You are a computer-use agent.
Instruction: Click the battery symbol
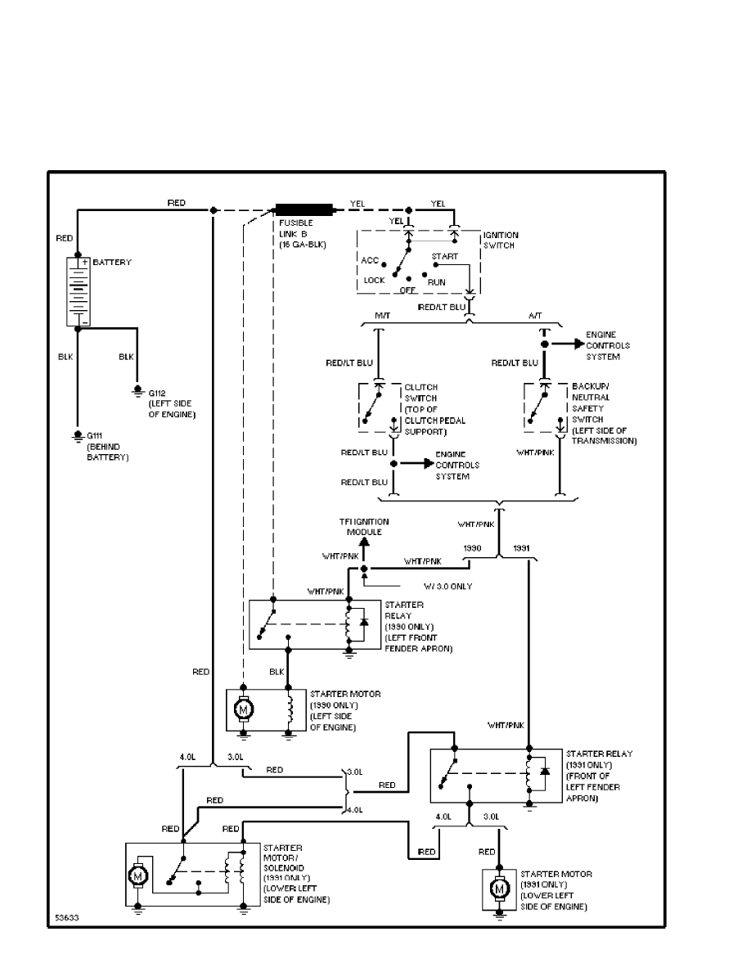tap(79, 291)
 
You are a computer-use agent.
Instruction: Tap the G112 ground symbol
tap(137, 392)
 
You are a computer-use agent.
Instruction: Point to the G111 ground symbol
tap(77, 434)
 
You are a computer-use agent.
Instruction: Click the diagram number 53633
tap(67, 917)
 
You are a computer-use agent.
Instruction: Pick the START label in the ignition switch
tap(444, 256)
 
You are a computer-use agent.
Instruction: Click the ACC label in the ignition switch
tap(369, 260)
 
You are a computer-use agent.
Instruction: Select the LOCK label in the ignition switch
tap(374, 280)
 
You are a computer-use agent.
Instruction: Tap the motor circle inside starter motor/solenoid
tap(138, 876)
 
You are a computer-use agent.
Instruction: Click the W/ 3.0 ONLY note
tap(448, 585)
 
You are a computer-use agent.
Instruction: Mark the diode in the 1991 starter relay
tap(545, 772)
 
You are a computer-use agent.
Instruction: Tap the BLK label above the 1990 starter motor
tap(277, 672)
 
